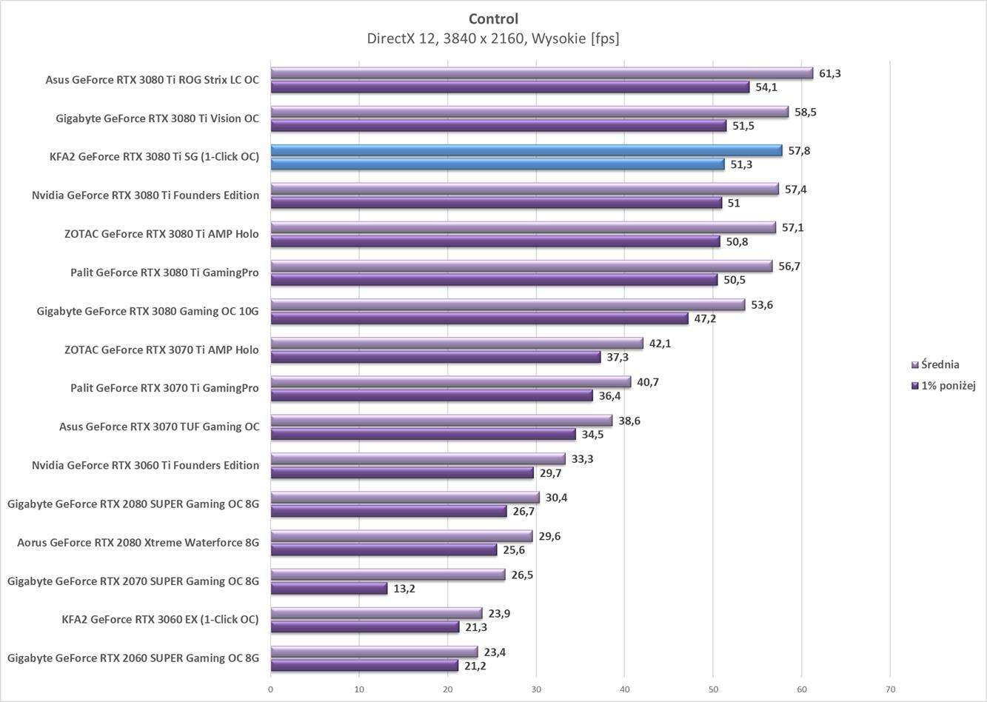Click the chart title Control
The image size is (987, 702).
coord(493,19)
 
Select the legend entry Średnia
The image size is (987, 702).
coord(940,364)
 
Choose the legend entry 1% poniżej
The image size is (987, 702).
coord(947,385)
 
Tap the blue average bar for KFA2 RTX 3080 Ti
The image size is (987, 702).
coord(526,150)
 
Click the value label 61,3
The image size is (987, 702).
coord(830,73)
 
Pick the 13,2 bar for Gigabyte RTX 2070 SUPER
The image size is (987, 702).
coord(329,589)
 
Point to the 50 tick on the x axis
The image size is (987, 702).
coord(712,689)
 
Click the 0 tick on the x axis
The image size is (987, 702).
coord(270,689)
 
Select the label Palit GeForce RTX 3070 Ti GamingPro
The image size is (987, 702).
coord(164,388)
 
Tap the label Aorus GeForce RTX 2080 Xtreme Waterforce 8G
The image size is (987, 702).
coord(138,543)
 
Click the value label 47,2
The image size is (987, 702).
coord(705,318)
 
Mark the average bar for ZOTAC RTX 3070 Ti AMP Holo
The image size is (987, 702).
coord(456,344)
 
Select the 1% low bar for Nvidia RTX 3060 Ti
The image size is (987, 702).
coord(401,473)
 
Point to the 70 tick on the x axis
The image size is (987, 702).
coord(889,689)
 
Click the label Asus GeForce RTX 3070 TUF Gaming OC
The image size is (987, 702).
coord(159,427)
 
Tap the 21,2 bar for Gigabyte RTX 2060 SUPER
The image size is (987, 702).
coord(364,666)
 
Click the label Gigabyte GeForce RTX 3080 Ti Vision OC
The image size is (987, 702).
coord(157,118)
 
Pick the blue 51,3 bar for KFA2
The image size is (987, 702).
coord(497,164)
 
